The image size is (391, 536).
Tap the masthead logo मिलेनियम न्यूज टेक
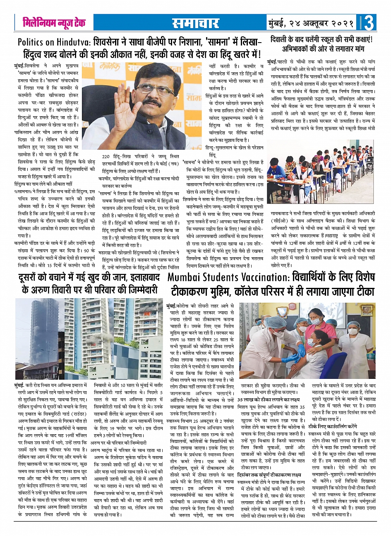coord(54,23)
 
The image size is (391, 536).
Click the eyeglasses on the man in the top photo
coord(151,89)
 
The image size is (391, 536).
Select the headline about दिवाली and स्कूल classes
coord(321,45)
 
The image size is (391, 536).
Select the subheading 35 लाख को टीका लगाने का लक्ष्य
coord(269,400)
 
